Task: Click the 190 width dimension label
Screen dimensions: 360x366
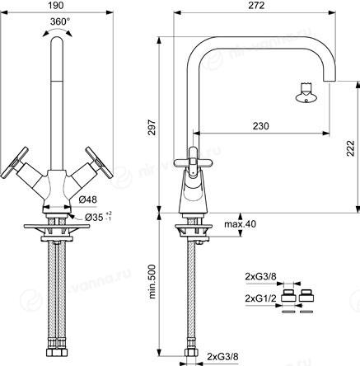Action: tap(57, 6)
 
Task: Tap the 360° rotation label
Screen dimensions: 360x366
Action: tap(60, 21)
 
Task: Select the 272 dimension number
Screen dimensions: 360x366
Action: tap(256, 6)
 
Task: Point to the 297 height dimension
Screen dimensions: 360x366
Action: tap(152, 127)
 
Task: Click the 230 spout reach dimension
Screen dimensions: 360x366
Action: tap(261, 126)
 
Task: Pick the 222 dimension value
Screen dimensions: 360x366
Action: tap(350, 148)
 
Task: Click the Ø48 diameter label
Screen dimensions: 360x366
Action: tap(87, 199)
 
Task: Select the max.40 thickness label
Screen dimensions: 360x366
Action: tap(241, 224)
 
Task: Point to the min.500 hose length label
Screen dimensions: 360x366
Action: tap(152, 282)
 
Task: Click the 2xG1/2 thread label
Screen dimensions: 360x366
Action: tap(261, 298)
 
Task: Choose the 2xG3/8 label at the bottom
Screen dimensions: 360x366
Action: tap(222, 357)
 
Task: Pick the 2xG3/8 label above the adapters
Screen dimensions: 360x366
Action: tap(261, 277)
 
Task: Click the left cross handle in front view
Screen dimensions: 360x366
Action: tap(15, 162)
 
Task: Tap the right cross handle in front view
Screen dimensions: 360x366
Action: tap(99, 162)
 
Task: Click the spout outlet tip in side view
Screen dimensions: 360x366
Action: tap(330, 80)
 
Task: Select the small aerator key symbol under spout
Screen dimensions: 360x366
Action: tap(306, 93)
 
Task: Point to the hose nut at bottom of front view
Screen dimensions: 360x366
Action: tap(57, 352)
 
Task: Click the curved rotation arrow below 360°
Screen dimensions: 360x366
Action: tap(58, 32)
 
